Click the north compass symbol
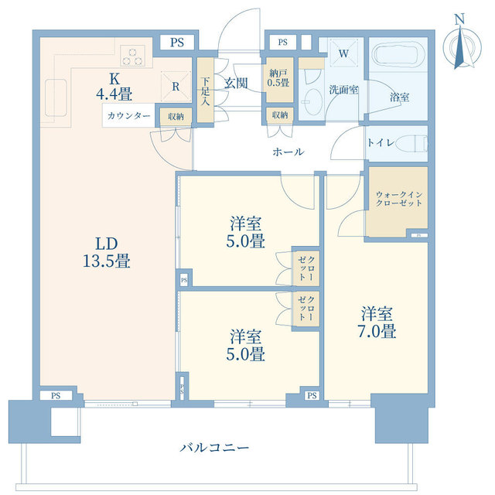(x=461, y=46)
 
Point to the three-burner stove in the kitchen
(x=134, y=57)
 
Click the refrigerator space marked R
(x=176, y=87)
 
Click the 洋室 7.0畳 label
(x=377, y=323)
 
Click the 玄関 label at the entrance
(x=236, y=84)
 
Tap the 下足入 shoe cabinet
(x=205, y=90)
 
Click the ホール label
(x=288, y=152)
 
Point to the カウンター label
(x=128, y=117)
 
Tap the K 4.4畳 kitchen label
(x=114, y=87)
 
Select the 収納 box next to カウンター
(x=175, y=116)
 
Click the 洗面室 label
(x=343, y=90)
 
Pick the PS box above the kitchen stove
(x=176, y=43)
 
